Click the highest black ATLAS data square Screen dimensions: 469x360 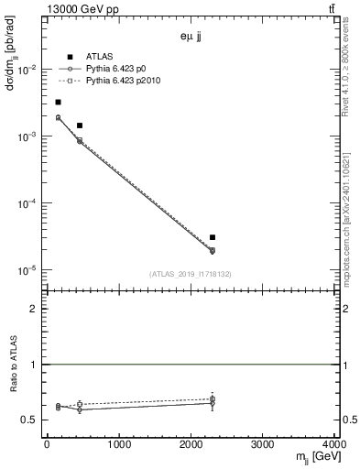tap(58, 102)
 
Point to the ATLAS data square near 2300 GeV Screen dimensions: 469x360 tap(212, 237)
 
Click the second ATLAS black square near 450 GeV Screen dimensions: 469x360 tap(80, 125)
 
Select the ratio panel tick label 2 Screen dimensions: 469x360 tap(35, 309)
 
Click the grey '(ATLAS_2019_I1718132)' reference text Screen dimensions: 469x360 tap(191, 274)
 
